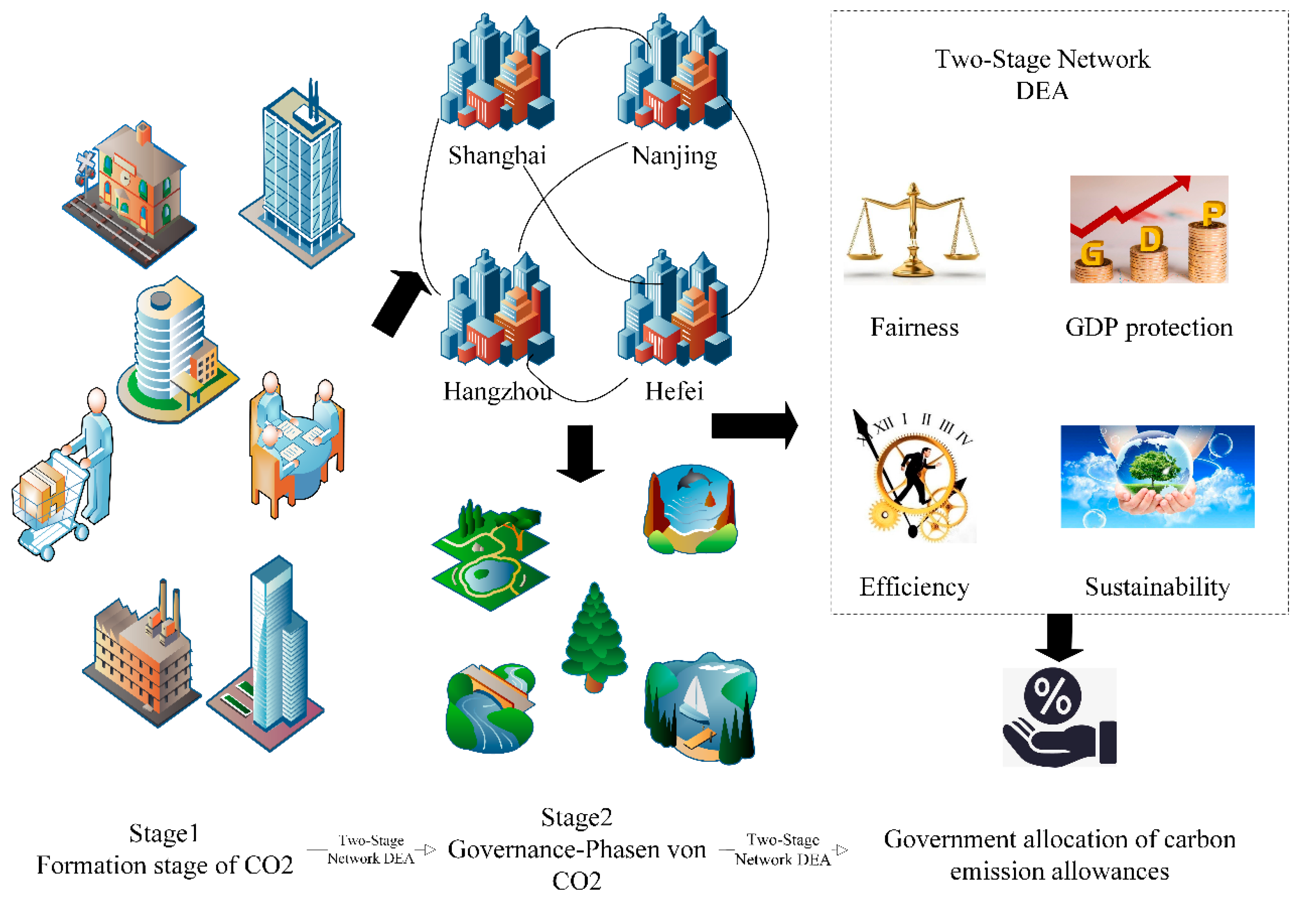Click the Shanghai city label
[497, 156]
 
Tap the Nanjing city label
[674, 156]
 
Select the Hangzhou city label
[497, 391]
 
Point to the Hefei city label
[674, 391]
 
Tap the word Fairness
[914, 327]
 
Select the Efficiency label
[914, 587]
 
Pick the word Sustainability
[1157, 587]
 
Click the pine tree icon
[594, 637]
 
